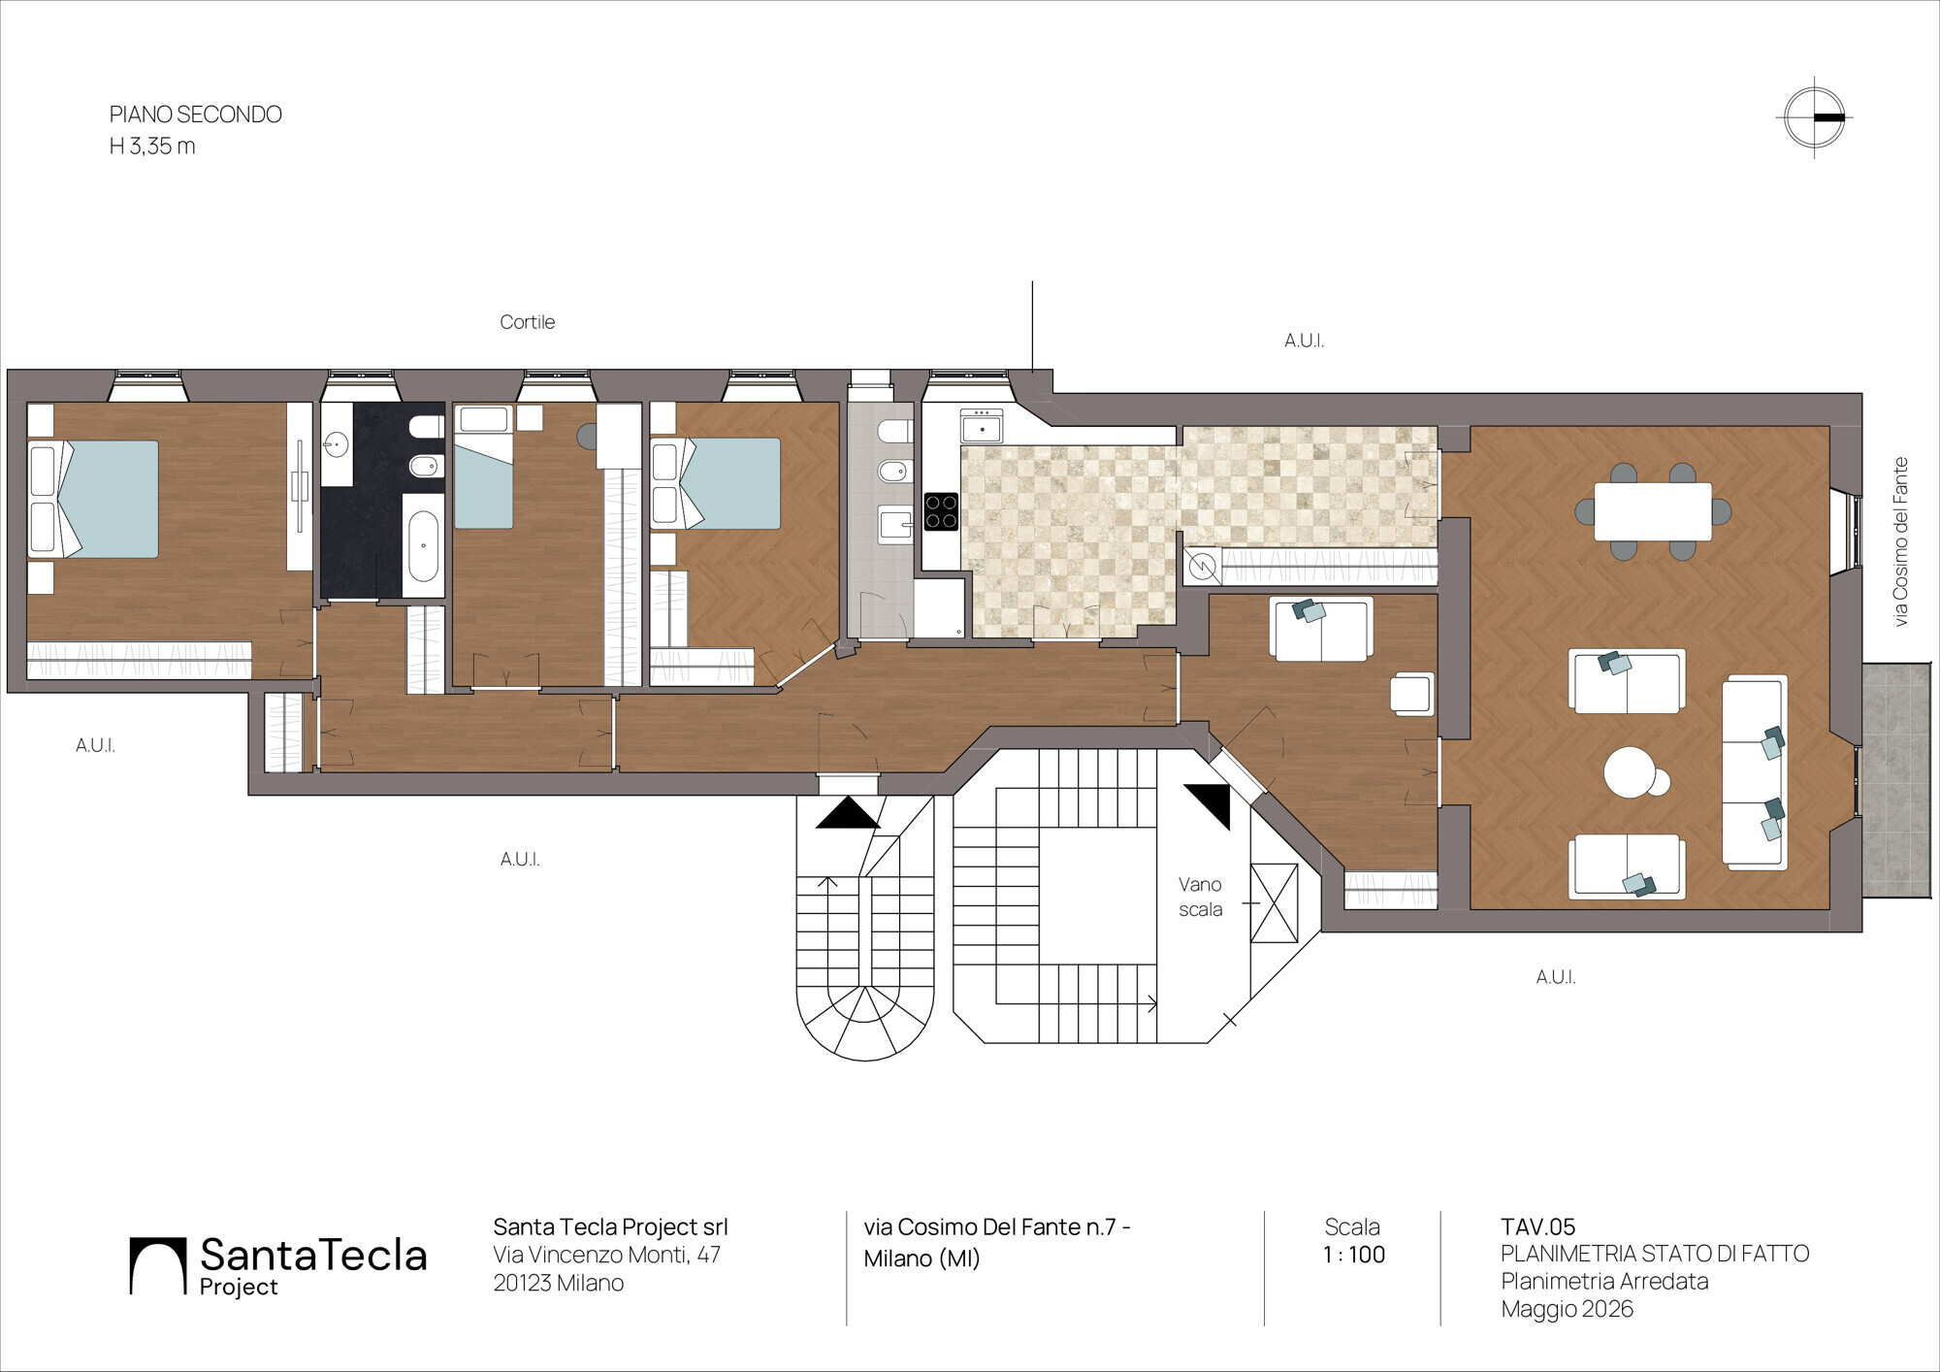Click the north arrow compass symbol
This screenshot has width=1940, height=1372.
(x=1814, y=117)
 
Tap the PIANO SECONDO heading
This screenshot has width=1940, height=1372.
(x=195, y=114)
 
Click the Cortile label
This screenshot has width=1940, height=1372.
(x=527, y=322)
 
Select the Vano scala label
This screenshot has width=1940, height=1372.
(x=1200, y=897)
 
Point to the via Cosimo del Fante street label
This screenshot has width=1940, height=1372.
(x=1900, y=541)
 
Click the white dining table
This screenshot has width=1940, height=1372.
(x=1653, y=511)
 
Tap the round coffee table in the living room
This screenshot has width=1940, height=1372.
(x=1631, y=772)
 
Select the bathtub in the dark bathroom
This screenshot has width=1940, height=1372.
(x=423, y=545)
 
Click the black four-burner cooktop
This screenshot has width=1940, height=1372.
(x=941, y=511)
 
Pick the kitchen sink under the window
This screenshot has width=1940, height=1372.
(x=982, y=426)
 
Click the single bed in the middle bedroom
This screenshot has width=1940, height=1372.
(x=483, y=467)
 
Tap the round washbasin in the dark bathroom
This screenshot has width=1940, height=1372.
(x=336, y=445)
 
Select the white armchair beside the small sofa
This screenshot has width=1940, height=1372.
(x=1411, y=694)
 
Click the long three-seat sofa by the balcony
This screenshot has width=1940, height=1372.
(x=1755, y=771)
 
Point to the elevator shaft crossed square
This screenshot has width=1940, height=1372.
(x=1274, y=902)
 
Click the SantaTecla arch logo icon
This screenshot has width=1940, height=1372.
(x=158, y=1266)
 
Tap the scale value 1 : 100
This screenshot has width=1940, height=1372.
(x=1353, y=1255)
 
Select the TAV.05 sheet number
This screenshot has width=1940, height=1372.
(x=1537, y=1226)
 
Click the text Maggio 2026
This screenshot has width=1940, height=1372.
(x=1567, y=1309)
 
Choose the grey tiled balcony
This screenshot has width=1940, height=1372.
(x=1896, y=780)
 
